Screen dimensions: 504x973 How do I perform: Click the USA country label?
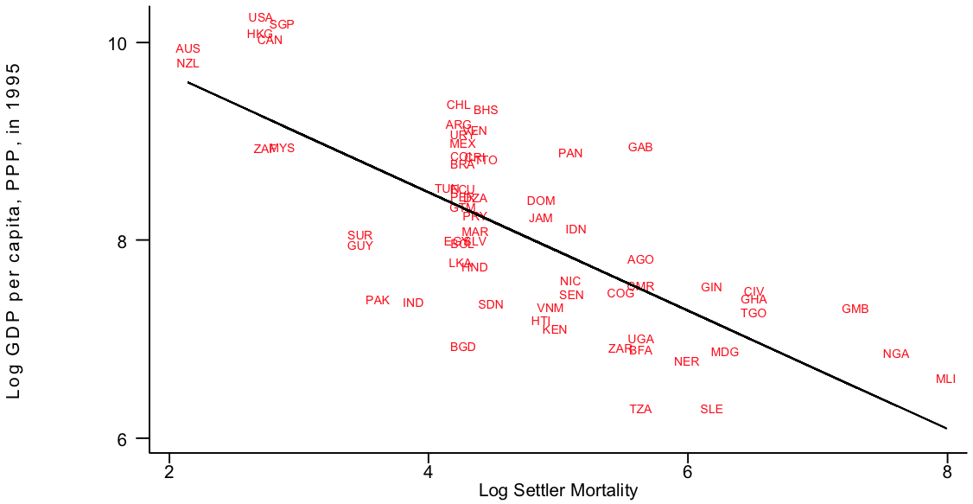pyautogui.click(x=260, y=18)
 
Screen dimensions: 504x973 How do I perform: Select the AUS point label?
pyautogui.click(x=188, y=49)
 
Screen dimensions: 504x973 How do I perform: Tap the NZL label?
pyautogui.click(x=188, y=63)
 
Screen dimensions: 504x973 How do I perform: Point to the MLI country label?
pyautogui.click(x=945, y=380)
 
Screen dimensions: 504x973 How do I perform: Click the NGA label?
pyautogui.click(x=896, y=354)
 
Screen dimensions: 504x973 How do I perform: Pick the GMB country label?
pyautogui.click(x=855, y=309)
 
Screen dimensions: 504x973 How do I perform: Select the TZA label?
pyautogui.click(x=640, y=410)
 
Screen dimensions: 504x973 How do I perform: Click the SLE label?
pyautogui.click(x=711, y=410)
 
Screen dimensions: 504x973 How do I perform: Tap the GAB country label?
pyautogui.click(x=640, y=148)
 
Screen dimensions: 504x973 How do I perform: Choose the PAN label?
pyautogui.click(x=570, y=154)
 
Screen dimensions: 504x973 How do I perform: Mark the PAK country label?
pyautogui.click(x=378, y=301)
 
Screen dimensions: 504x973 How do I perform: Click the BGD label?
pyautogui.click(x=463, y=348)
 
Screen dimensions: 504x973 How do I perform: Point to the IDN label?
pyautogui.click(x=576, y=230)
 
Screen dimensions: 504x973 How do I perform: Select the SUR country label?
pyautogui.click(x=359, y=235)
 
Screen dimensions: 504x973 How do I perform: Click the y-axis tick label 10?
pyautogui.click(x=117, y=43)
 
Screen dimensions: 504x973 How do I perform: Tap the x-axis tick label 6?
pyautogui.click(x=687, y=472)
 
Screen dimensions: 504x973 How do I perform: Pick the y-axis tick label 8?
pyautogui.click(x=122, y=240)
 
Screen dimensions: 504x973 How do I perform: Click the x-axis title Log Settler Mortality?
pyautogui.click(x=557, y=492)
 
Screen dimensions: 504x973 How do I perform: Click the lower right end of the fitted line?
pyautogui.click(x=946, y=428)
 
